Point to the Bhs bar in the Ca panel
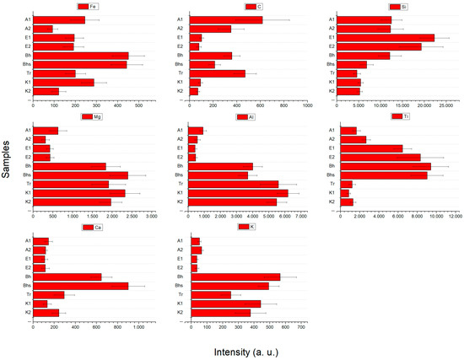(81, 286)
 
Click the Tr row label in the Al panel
(181, 184)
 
